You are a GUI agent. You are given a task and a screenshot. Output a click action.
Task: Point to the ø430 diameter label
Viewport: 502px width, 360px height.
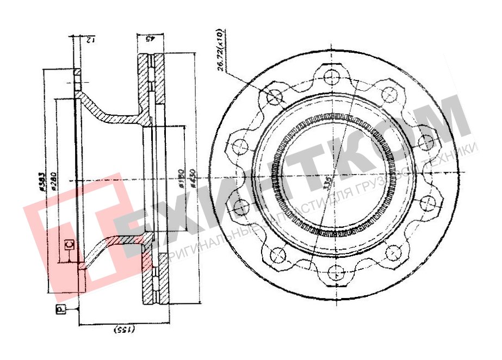click(192, 177)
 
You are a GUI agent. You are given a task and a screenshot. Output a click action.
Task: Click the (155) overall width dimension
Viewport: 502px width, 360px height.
click(126, 330)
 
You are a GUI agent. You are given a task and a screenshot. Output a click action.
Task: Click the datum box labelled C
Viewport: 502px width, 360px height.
click(69, 244)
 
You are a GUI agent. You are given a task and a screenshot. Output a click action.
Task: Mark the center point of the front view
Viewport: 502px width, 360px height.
click(333, 175)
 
